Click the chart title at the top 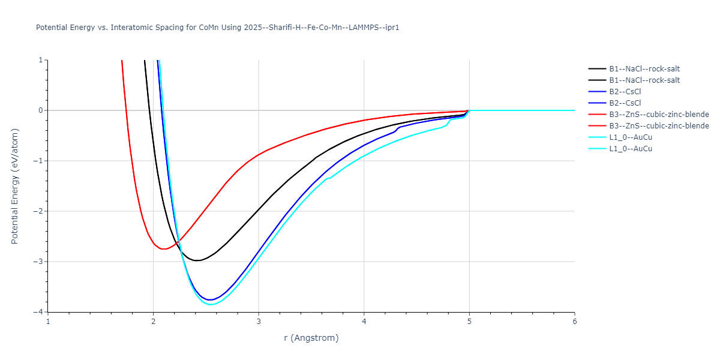(217, 28)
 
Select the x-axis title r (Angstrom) (311, 338)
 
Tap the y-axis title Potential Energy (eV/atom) (16, 186)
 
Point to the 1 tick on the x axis (48, 321)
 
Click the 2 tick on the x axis (153, 321)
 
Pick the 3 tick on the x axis (259, 321)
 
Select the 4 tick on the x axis (364, 321)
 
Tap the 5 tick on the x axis (469, 321)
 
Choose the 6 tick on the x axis (574, 321)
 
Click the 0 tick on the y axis (40, 110)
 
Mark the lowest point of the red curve (164, 248)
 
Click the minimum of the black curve (197, 260)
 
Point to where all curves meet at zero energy (469, 110)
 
